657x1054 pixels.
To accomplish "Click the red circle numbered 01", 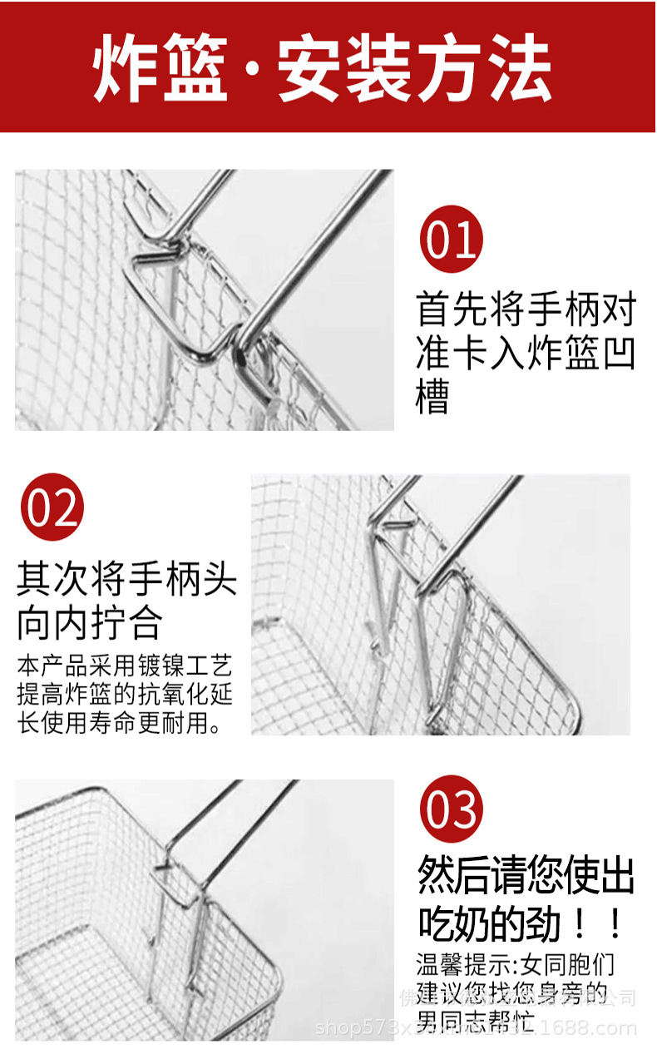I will (451, 240).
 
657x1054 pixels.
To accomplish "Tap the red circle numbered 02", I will (52, 507).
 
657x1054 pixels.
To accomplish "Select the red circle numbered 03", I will (451, 809).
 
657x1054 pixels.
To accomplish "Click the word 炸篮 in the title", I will (161, 69).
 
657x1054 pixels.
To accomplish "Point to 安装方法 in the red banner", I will (415, 69).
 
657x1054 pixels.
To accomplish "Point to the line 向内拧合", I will (90, 622).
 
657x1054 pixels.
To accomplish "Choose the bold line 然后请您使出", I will (526, 876).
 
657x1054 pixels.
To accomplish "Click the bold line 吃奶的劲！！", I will (520, 924).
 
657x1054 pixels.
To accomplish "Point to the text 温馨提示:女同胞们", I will (516, 965).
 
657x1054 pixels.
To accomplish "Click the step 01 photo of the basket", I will (204, 300).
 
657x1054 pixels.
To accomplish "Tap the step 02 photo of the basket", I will (441, 605).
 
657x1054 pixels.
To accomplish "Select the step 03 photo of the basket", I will (204, 909).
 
